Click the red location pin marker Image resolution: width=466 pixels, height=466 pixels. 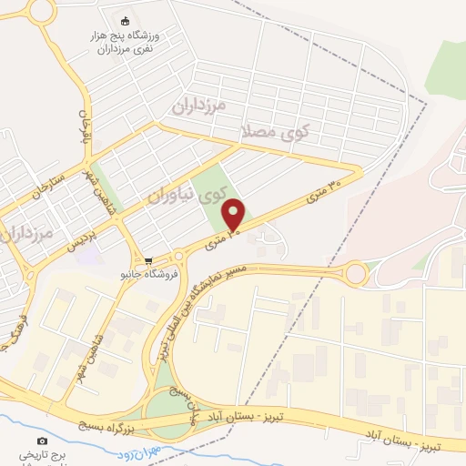pyautogui.click(x=234, y=215)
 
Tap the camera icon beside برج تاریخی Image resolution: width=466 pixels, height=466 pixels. pyautogui.click(x=42, y=441)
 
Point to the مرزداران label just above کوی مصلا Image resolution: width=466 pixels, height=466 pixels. pyautogui.click(x=198, y=106)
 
